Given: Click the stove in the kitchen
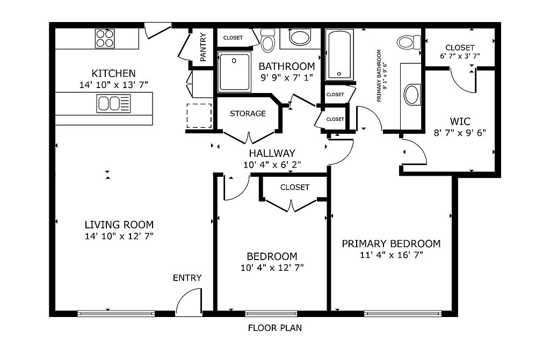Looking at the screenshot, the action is (x=105, y=39).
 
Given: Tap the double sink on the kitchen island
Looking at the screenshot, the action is (x=114, y=104).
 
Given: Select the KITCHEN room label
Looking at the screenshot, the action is (x=114, y=73).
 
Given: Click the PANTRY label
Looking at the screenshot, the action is (x=203, y=47).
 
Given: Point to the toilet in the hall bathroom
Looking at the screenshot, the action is (x=268, y=40).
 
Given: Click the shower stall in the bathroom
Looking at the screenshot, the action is (x=234, y=71).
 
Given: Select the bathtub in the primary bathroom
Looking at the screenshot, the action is (x=339, y=55).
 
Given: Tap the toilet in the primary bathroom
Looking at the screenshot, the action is (x=409, y=42).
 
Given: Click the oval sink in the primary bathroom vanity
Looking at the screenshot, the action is (x=412, y=95).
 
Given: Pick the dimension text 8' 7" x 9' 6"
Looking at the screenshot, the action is (x=460, y=133).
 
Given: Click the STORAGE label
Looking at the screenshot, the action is (x=248, y=113).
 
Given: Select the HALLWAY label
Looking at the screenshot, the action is (x=272, y=153).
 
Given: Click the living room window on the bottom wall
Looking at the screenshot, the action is (x=116, y=313).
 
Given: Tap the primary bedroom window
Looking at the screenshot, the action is (x=403, y=313).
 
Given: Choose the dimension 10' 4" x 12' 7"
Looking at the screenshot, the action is (x=272, y=268).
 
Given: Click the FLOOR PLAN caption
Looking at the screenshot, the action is (x=275, y=328).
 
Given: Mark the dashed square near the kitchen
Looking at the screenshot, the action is (x=199, y=116).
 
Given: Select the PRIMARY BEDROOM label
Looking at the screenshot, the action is (x=391, y=243).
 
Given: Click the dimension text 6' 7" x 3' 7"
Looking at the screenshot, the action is (x=460, y=56).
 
